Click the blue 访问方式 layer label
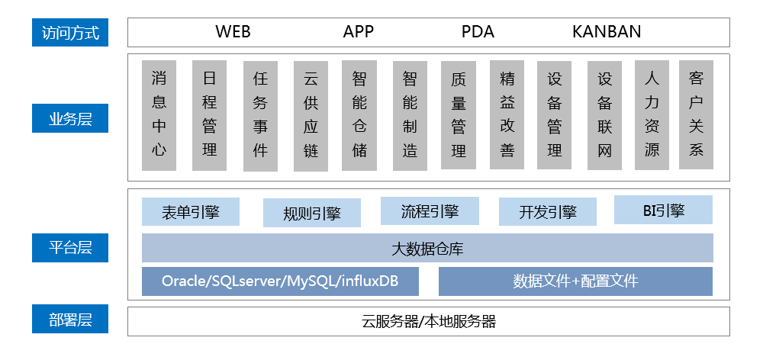70,33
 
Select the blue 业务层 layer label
70,119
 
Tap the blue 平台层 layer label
70,247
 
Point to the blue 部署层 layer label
70,320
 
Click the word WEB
233,32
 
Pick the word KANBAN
607,32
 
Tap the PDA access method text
478,32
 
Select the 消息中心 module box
159,114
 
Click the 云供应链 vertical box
311,114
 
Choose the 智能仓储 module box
359,114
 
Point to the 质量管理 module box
459,114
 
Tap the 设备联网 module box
605,114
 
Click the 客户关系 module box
696,114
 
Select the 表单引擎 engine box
191,212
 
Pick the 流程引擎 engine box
430,211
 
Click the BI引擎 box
662,210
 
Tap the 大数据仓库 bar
427,249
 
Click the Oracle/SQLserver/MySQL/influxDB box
280,281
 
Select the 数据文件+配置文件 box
575,281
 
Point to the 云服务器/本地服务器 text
428,321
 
